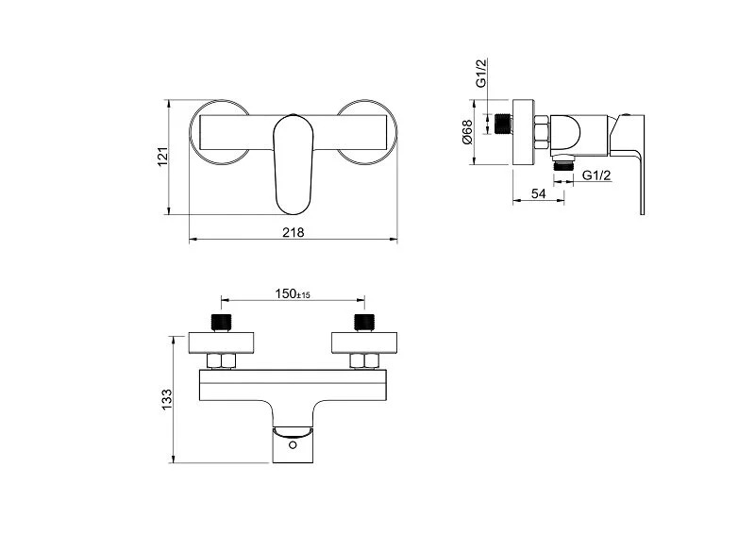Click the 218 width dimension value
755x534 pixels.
coord(294,233)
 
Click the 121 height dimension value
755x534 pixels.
coord(163,157)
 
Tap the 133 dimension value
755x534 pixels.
coord(167,399)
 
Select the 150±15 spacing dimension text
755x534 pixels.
coord(293,293)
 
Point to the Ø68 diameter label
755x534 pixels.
coord(467,132)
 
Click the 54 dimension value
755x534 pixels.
coord(538,193)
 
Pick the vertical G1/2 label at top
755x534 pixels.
coord(481,73)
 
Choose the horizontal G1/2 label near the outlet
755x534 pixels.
coord(596,175)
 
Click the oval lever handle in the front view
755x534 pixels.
coord(294,164)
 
